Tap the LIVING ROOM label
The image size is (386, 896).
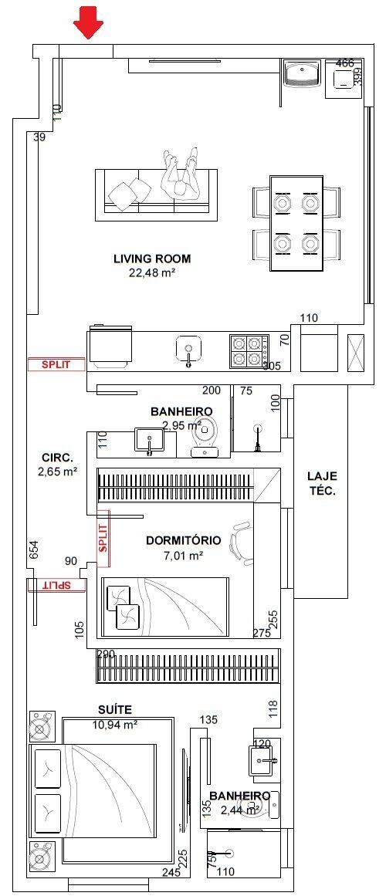click(151, 259)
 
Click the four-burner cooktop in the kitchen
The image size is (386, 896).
click(249, 351)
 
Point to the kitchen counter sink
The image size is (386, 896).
click(188, 349)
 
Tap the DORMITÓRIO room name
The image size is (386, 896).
click(184, 540)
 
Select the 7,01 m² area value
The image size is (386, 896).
click(184, 555)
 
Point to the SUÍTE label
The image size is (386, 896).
click(114, 708)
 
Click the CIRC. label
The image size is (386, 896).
click(57, 457)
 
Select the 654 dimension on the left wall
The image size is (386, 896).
click(32, 549)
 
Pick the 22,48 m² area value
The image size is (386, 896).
click(151, 272)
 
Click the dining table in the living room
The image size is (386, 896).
click(296, 224)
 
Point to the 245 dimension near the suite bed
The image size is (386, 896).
click(171, 873)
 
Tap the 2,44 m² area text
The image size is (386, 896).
click(239, 810)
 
